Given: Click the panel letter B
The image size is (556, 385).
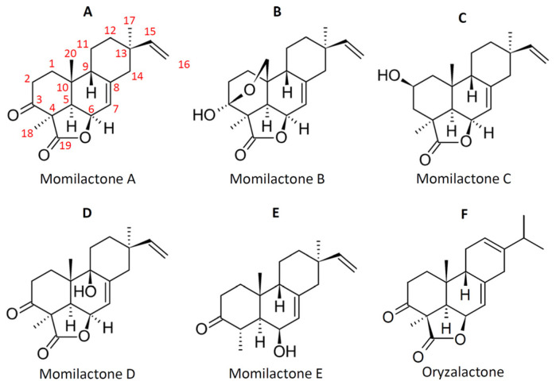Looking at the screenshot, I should [277, 12].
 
